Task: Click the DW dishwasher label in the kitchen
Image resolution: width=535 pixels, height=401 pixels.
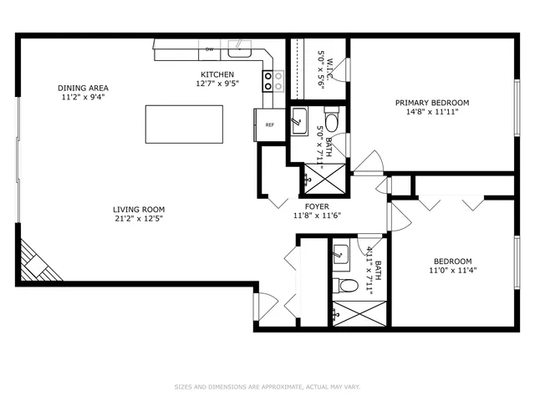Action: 209,49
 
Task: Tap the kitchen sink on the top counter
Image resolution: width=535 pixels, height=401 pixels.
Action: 241,48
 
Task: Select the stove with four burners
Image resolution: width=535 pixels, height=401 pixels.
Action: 273,80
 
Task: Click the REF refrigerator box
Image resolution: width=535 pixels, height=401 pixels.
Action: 269,124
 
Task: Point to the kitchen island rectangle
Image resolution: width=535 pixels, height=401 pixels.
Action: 176,124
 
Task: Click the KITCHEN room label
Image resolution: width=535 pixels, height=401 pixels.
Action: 216,74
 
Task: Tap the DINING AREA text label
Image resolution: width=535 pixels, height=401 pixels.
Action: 83,88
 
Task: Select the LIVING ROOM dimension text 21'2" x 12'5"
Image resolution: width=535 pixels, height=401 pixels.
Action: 140,219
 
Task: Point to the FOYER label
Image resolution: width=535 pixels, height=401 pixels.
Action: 317,206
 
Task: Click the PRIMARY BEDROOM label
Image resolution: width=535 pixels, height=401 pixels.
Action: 432,103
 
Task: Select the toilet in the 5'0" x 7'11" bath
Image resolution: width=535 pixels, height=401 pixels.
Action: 331,123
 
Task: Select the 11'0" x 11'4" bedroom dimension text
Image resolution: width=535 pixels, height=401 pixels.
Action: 452,270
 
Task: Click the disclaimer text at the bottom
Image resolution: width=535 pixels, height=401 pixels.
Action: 267,387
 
